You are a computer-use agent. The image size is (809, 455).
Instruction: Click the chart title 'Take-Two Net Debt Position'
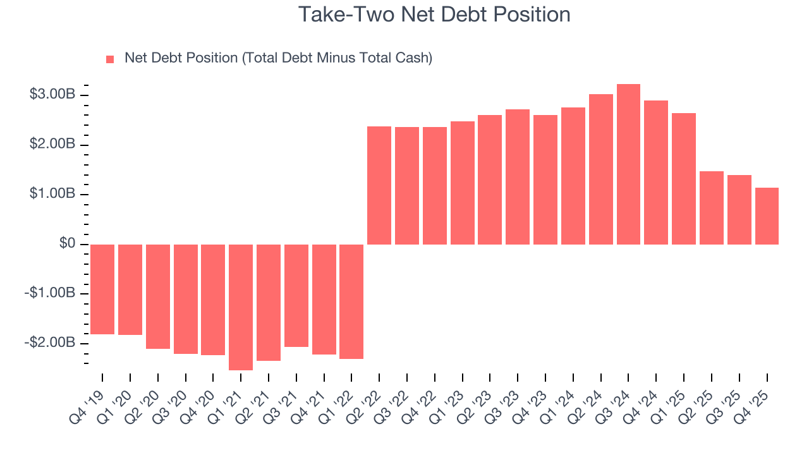[434, 14]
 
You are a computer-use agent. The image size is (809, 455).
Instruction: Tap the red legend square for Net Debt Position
[110, 59]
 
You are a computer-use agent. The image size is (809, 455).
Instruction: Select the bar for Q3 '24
[628, 164]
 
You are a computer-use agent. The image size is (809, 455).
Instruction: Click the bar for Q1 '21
[241, 307]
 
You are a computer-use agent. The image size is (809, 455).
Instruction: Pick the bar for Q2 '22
[379, 185]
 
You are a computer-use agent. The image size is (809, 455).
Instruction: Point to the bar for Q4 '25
[767, 216]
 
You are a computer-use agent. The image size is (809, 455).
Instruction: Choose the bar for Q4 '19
[102, 289]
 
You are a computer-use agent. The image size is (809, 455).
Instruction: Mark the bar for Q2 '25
[712, 208]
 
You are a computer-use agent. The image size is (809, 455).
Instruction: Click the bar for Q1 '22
[351, 301]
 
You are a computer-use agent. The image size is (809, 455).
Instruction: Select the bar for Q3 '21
[296, 295]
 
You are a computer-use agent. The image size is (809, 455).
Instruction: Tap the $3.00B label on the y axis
[52, 95]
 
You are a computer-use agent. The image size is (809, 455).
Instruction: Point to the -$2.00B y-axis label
[51, 343]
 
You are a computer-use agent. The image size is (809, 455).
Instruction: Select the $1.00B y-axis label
[52, 194]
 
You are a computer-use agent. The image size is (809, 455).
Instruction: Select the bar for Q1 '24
[573, 176]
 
